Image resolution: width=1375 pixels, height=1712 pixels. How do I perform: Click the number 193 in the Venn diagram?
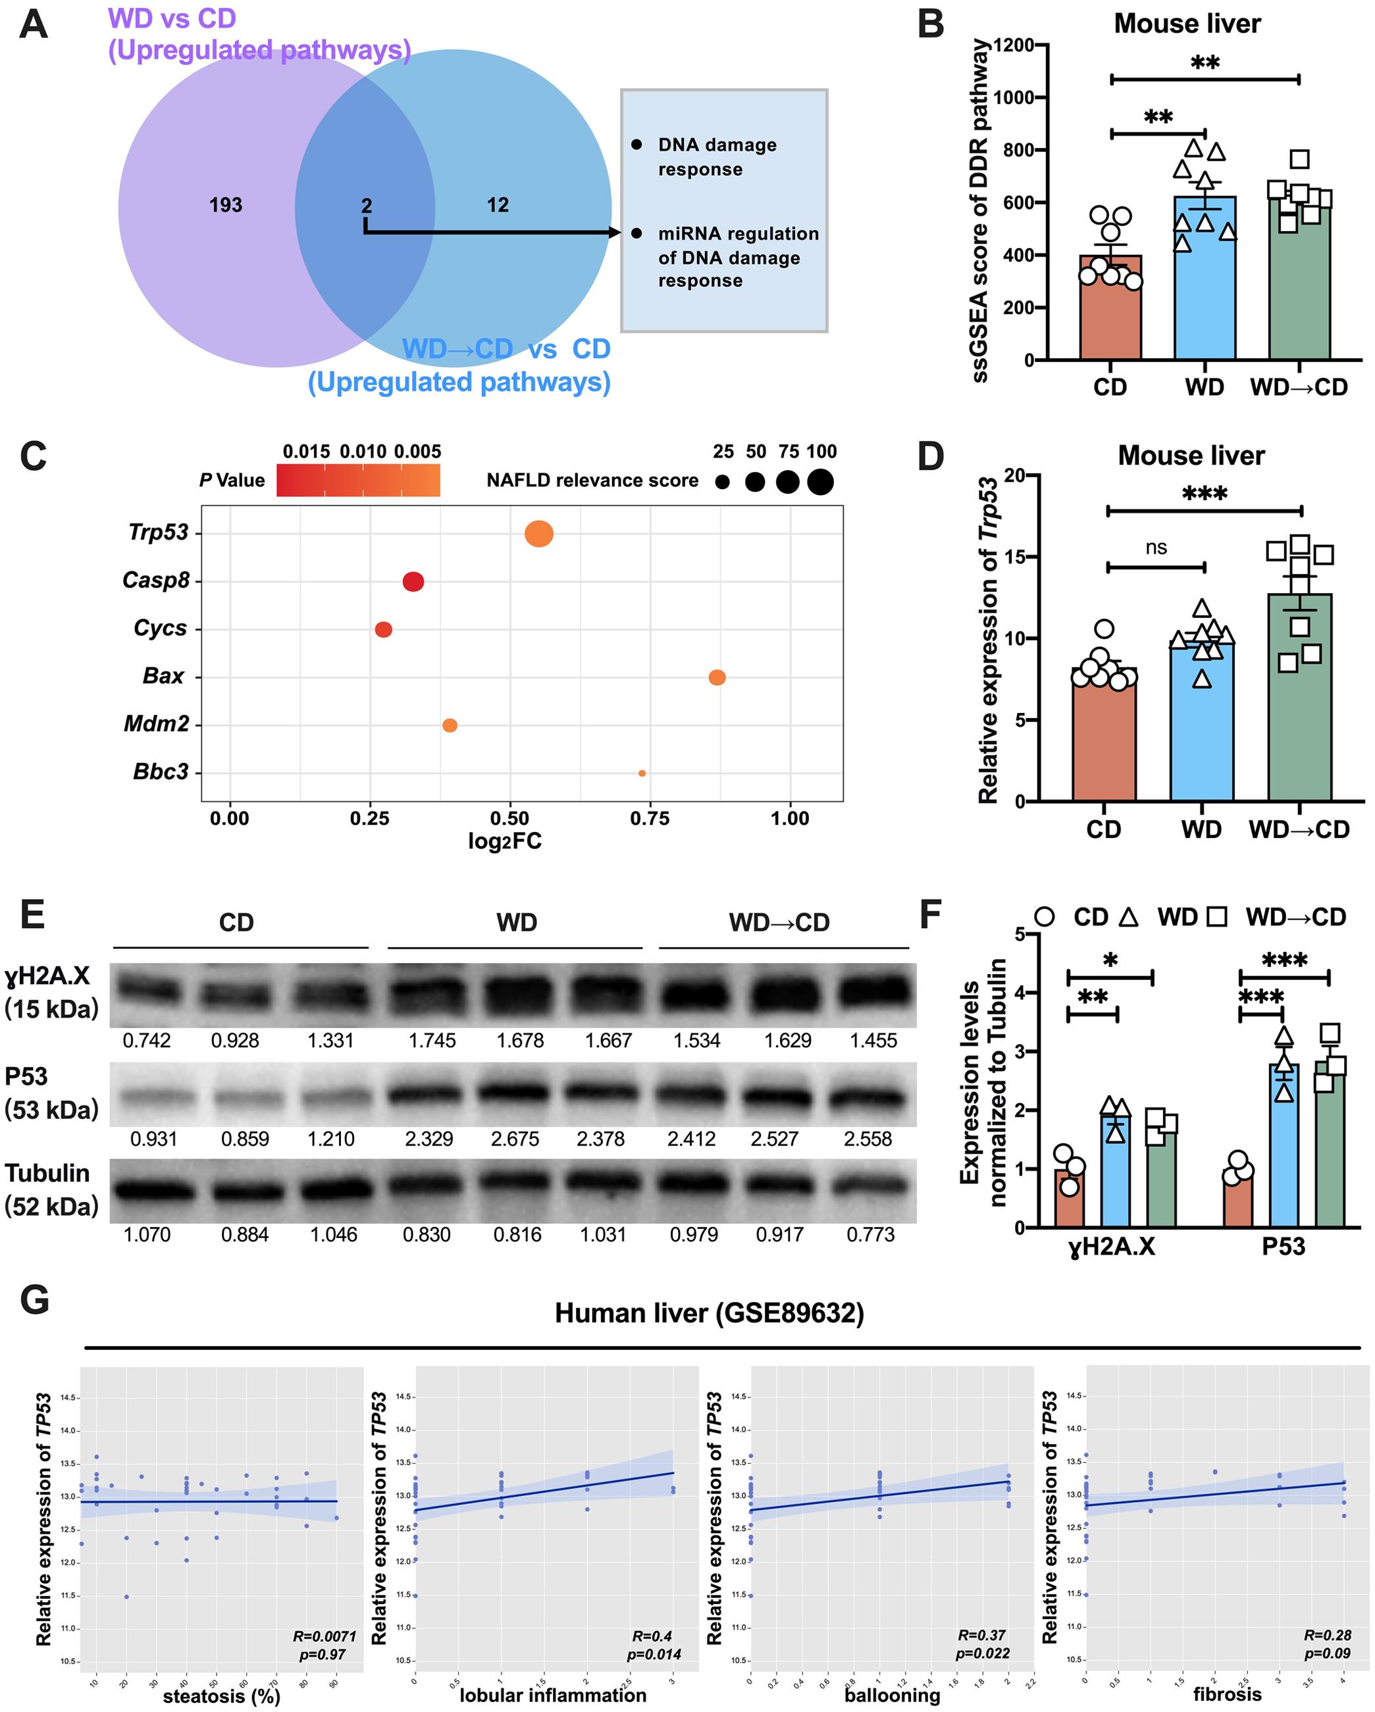[226, 205]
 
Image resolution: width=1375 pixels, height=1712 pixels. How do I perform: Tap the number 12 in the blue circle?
[498, 205]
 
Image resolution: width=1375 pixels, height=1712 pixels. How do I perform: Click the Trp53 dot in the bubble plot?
[539, 534]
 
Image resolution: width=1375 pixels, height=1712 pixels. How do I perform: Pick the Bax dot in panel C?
[717, 677]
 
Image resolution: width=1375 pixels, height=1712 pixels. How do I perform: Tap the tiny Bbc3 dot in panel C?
[642, 773]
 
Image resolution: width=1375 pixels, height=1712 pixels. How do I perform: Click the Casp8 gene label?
[157, 581]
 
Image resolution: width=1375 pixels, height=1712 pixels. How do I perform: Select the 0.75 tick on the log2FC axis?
[650, 819]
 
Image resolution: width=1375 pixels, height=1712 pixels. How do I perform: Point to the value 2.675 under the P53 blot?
[515, 1139]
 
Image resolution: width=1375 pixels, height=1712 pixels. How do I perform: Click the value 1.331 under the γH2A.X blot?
[330, 1040]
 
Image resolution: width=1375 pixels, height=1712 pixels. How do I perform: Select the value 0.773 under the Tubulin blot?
[870, 1235]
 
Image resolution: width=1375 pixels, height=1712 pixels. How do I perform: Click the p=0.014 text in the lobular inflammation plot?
[654, 1655]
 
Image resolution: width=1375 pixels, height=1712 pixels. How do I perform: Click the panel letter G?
[34, 1301]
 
